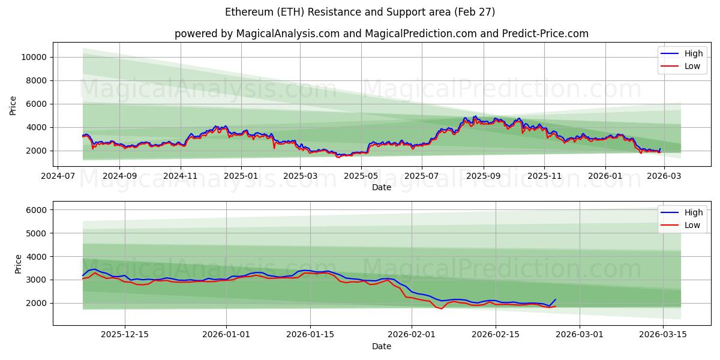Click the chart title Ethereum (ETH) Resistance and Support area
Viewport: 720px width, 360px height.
click(x=360, y=12)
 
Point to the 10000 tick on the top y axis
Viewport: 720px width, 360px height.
click(x=35, y=57)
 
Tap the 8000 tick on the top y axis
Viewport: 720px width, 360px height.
click(x=37, y=80)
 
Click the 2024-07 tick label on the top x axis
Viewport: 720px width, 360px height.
click(x=58, y=176)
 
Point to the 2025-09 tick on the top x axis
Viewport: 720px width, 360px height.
click(x=483, y=176)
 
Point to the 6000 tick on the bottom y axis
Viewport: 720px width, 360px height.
click(x=37, y=210)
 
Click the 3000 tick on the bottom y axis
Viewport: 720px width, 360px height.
click(x=37, y=280)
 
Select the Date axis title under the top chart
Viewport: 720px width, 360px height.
click(x=382, y=187)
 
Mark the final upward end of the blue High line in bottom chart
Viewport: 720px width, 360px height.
click(x=556, y=299)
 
